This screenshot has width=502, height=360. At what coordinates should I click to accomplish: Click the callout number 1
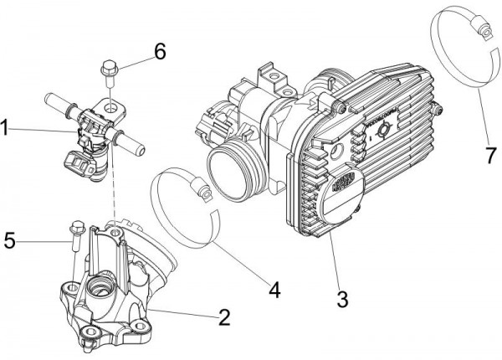tap(6, 128)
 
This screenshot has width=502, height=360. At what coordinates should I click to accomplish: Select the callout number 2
tap(223, 318)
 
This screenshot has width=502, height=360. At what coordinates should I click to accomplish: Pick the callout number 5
tap(9, 240)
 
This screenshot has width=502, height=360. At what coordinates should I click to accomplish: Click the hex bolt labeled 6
tap(108, 68)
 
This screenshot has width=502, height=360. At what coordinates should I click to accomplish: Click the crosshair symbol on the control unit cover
tap(383, 131)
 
